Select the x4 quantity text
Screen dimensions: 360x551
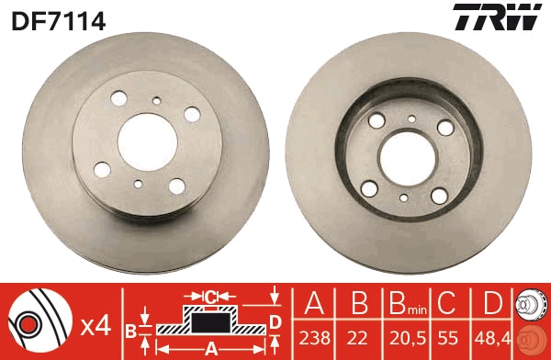[x=96, y=324]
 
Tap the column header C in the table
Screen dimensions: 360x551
[x=448, y=303]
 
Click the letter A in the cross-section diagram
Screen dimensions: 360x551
[x=211, y=347]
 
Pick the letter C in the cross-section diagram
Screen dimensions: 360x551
[x=210, y=297]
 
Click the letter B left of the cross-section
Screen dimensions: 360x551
[x=131, y=330]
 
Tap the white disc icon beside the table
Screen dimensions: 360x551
[x=532, y=304]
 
